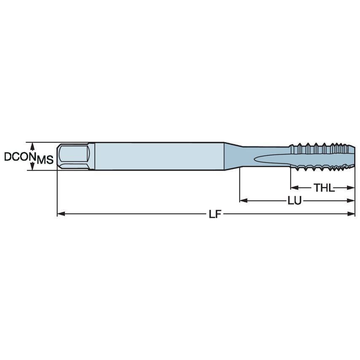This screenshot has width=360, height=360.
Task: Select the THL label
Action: (323, 188)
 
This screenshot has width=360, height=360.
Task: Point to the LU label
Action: (294, 201)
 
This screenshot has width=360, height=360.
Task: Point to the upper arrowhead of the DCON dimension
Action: (32, 145)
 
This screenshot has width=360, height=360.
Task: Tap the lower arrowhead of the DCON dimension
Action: (32, 168)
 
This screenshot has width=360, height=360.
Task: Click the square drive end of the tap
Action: (74, 156)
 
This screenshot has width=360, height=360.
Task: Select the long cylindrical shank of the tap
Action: (158, 156)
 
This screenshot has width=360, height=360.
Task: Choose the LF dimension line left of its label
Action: (135, 214)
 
